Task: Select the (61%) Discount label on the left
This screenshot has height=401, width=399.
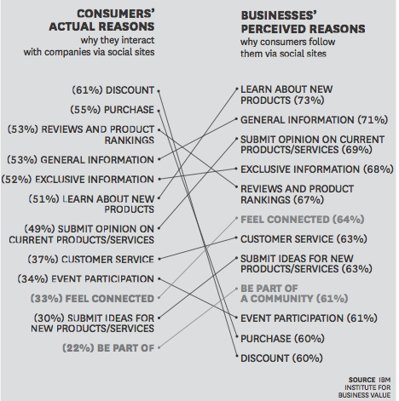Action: pos(113,89)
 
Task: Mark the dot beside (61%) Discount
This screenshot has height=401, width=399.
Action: pos(159,89)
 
